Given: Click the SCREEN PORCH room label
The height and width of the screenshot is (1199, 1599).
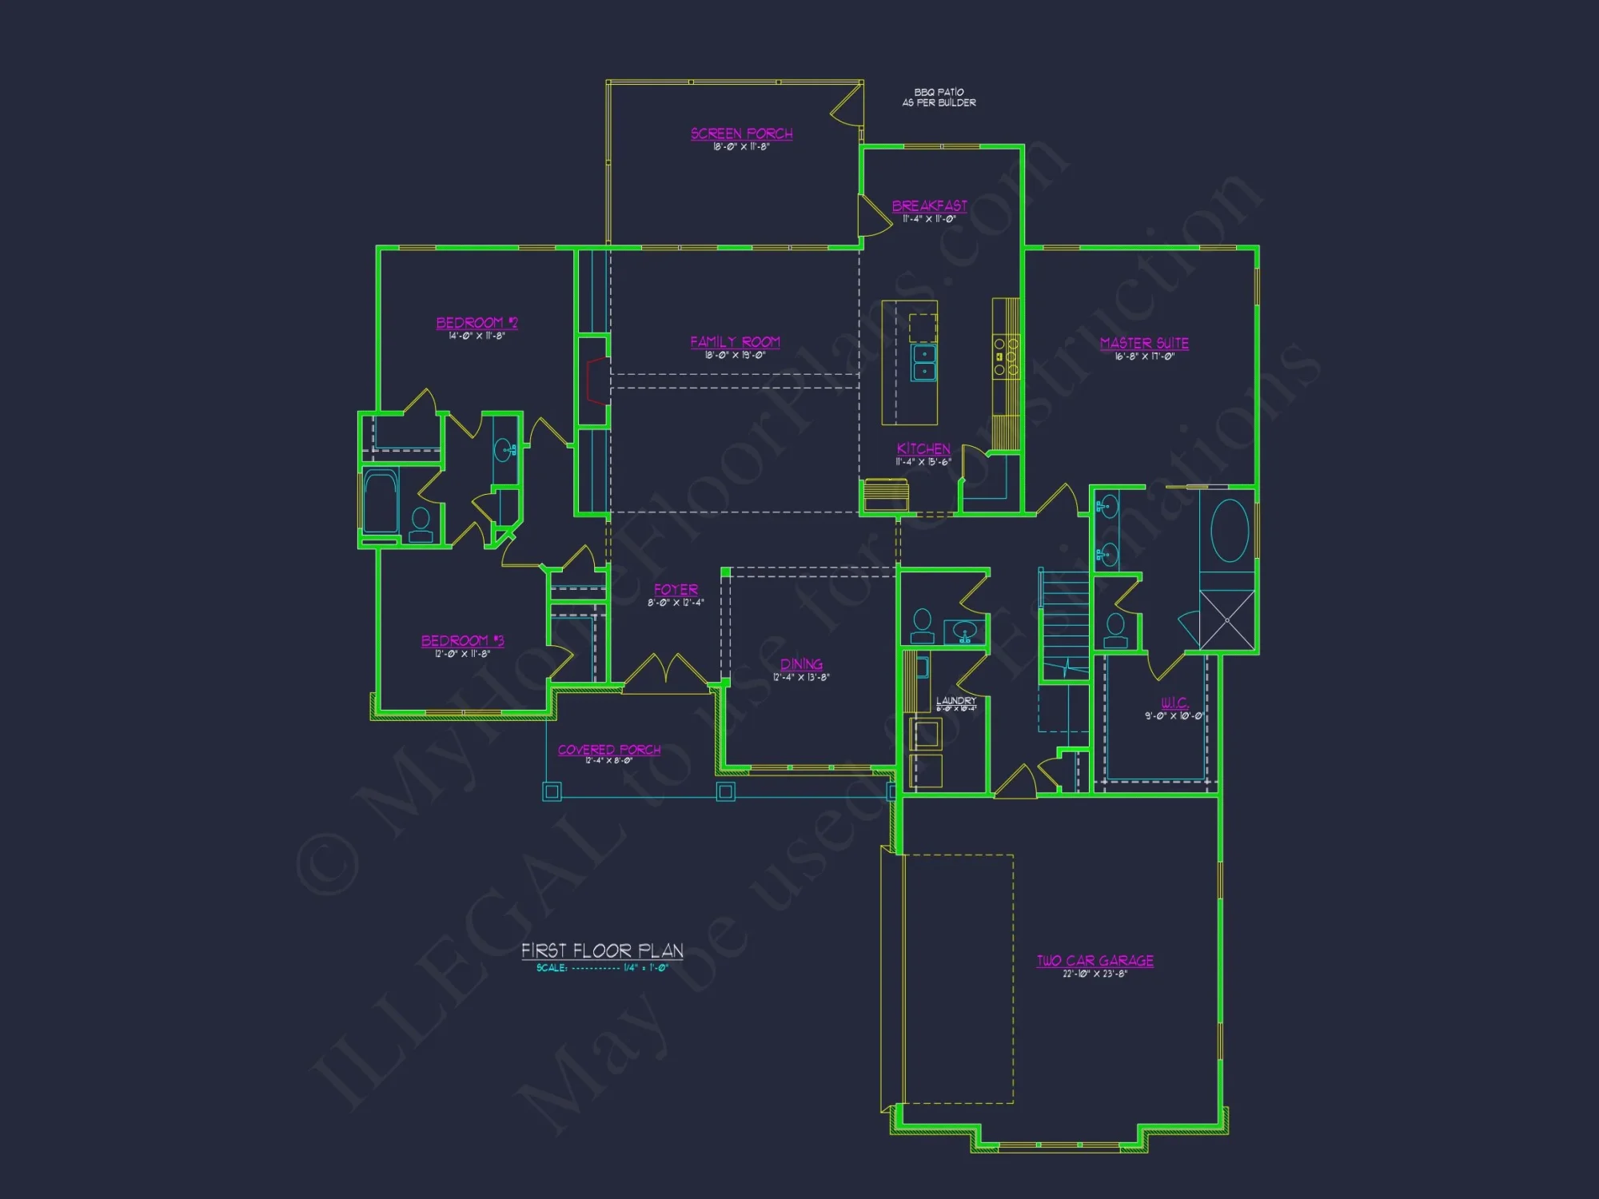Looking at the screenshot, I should [x=741, y=133].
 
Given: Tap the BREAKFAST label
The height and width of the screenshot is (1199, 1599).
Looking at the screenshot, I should [x=929, y=206].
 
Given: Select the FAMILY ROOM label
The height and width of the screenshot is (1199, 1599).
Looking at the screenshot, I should [x=735, y=342].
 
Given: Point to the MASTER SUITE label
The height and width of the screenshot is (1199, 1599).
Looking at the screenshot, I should [x=1144, y=344].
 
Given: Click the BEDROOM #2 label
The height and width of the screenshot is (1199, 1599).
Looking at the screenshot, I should [x=477, y=323].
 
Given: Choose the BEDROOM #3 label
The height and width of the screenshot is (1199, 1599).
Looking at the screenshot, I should [x=462, y=641].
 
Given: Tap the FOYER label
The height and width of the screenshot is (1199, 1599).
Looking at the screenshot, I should [x=676, y=590].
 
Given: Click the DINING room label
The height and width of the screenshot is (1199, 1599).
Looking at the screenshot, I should [x=801, y=664].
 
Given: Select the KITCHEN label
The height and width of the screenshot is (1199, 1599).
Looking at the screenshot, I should [x=923, y=449].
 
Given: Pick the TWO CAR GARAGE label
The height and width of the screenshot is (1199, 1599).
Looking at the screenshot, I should [x=1095, y=961].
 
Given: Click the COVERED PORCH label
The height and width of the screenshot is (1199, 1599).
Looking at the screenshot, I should [x=609, y=750].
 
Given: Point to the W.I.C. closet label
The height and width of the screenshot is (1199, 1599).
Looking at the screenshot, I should [x=1174, y=703].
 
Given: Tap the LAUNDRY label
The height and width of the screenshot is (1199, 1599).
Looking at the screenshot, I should [x=956, y=700].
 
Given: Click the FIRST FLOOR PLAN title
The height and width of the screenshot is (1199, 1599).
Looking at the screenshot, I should [x=602, y=950].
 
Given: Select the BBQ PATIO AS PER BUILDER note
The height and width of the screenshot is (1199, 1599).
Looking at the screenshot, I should [x=939, y=98].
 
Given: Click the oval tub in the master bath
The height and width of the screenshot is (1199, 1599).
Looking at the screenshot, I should [x=1229, y=530].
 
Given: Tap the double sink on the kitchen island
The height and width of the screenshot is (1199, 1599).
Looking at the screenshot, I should [x=924, y=362].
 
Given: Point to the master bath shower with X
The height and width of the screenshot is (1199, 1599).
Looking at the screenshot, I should [x=1226, y=620].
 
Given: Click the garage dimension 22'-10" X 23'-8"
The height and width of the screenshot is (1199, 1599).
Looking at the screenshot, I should [x=1095, y=974].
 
